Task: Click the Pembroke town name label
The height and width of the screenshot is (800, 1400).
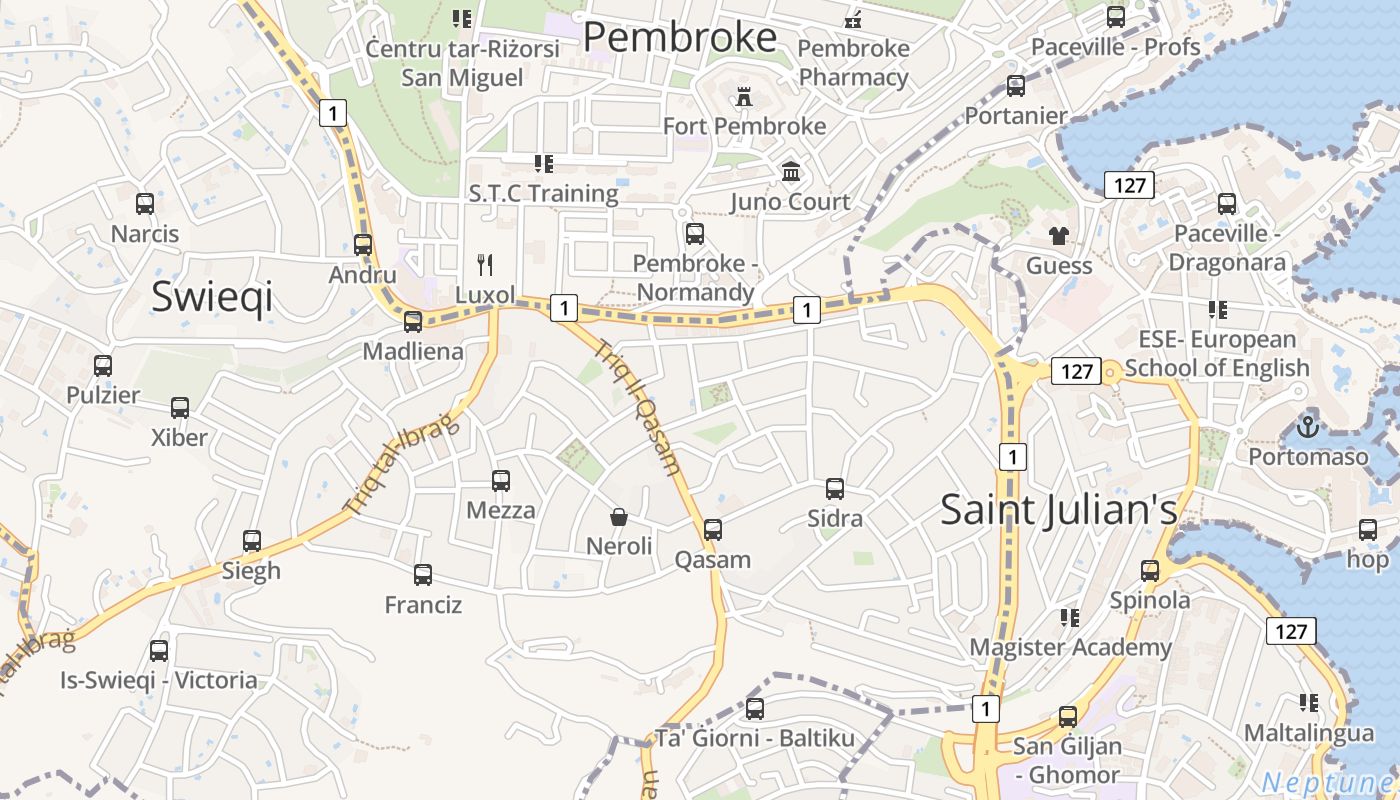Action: [679, 37]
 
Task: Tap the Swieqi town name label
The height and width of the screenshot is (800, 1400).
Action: [211, 297]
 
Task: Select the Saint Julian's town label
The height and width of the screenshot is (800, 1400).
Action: [1059, 509]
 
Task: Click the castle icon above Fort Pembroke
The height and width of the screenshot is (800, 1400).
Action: [744, 97]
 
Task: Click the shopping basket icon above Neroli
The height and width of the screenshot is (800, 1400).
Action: [619, 517]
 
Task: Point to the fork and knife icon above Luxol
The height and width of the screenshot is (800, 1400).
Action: [485, 265]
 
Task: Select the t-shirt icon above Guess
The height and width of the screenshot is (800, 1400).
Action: [1059, 236]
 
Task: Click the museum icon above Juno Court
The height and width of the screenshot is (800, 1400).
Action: [791, 172]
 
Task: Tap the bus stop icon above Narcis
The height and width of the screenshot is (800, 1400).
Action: [145, 204]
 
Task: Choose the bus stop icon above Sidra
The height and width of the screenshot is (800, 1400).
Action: [835, 489]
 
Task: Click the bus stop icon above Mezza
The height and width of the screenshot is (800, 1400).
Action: [501, 481]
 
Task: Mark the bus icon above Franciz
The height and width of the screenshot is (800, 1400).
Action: [423, 575]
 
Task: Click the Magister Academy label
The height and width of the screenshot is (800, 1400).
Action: [1070, 647]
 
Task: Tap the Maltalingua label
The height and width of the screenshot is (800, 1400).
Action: [1308, 732]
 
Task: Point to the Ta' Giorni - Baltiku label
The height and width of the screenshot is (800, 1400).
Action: [755, 739]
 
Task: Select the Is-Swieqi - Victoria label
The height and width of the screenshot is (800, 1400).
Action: [159, 680]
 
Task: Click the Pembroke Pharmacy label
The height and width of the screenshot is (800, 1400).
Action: [853, 62]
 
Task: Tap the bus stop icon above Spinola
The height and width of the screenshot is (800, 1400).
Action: [1150, 571]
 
